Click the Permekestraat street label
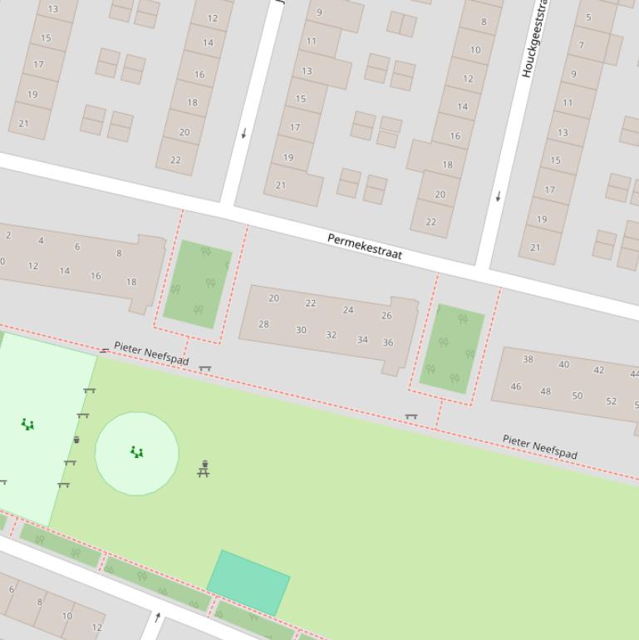pyautogui.click(x=365, y=247)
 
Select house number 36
pyautogui.click(x=388, y=342)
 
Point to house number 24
pyautogui.click(x=348, y=310)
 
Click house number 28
pyautogui.click(x=263, y=324)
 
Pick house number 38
pyautogui.click(x=528, y=360)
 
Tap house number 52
pyautogui.click(x=612, y=401)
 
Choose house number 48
pyautogui.click(x=545, y=391)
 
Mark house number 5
pyautogui.click(x=588, y=17)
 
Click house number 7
pyautogui.click(x=581, y=45)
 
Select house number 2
pyautogui.click(x=8, y=235)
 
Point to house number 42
pyautogui.click(x=599, y=370)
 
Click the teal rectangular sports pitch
pyautogui.click(x=248, y=583)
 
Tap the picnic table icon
pyautogui.click(x=204, y=469)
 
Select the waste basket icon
pyautogui.click(x=76, y=440)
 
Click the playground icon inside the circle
pyautogui.click(x=137, y=452)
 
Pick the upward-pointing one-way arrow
pyautogui.click(x=158, y=617)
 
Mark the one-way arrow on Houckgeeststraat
pyautogui.click(x=499, y=197)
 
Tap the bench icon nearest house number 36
pyautogui.click(x=410, y=416)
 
